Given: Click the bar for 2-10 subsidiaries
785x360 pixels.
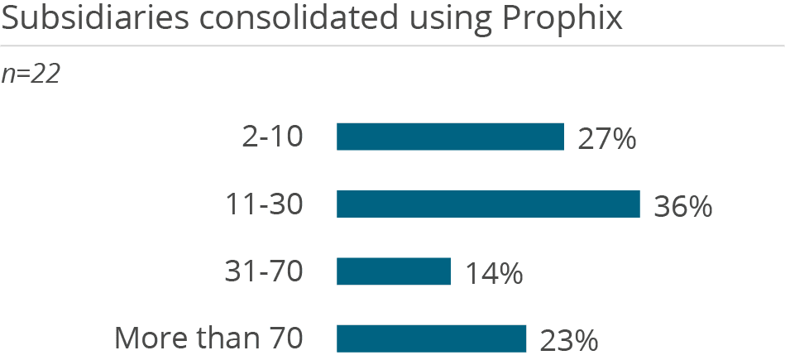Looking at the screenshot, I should click(x=450, y=137).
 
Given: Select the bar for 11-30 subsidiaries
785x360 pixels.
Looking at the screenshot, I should click(x=488, y=204).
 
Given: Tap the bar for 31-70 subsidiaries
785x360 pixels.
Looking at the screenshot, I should click(x=394, y=271).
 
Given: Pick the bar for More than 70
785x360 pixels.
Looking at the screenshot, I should click(x=431, y=338).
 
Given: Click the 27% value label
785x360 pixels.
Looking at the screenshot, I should click(x=606, y=139).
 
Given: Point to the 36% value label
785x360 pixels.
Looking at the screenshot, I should click(x=682, y=206).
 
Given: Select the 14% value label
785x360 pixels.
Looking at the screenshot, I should click(x=493, y=273).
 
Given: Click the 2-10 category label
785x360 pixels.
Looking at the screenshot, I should click(x=272, y=137).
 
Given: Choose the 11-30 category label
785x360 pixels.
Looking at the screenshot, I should click(x=264, y=204).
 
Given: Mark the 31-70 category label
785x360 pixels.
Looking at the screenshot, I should click(x=264, y=271).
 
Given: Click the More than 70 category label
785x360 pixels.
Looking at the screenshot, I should click(x=208, y=338).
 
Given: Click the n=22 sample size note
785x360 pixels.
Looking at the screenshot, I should click(x=30, y=74).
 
